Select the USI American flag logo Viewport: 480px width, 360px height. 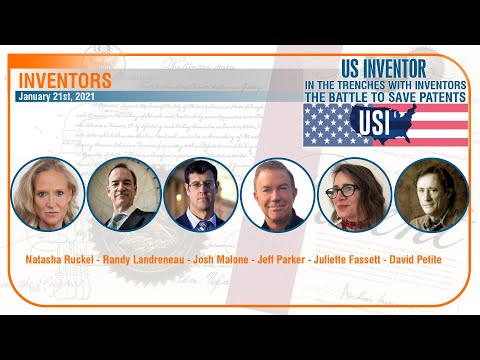(385, 125)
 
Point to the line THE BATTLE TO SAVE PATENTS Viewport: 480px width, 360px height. (385, 96)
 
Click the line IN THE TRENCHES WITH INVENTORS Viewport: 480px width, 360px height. (385, 85)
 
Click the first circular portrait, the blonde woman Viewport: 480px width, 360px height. (47, 195)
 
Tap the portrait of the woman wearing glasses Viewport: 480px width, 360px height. (348, 195)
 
